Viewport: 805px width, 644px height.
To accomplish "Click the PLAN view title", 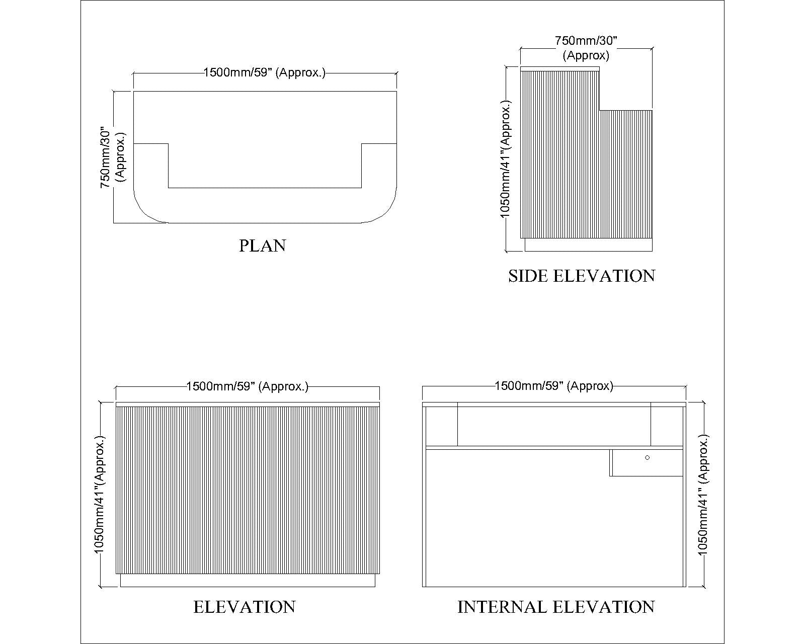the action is click(263, 246).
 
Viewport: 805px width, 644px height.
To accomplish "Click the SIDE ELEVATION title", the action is click(582, 276).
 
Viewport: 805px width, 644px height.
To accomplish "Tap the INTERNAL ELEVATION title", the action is click(556, 607).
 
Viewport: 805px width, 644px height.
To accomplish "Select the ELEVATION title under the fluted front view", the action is click(245, 607).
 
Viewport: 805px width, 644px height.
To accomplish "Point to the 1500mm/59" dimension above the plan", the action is click(265, 72).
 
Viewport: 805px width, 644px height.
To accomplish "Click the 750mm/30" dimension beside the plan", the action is click(113, 157).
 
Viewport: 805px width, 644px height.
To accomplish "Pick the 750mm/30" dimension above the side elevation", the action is click(586, 48).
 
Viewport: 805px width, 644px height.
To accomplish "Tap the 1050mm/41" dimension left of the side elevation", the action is click(505, 159).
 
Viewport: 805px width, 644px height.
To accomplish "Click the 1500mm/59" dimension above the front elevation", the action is click(247, 386).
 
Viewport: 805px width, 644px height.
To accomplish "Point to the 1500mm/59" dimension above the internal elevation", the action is click(554, 386).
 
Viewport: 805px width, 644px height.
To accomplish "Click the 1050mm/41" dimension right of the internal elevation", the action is click(703, 495).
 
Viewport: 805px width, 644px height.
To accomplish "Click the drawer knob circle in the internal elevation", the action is click(648, 458).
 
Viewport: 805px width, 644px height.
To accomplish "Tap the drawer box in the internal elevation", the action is click(647, 463).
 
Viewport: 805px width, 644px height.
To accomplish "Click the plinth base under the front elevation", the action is click(248, 581).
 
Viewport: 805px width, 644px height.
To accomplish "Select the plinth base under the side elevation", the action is click(589, 245).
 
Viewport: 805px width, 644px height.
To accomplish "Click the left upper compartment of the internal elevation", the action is click(442, 426).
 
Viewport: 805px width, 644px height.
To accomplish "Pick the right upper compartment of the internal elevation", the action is click(667, 426).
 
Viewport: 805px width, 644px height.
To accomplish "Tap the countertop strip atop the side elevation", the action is click(560, 69).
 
